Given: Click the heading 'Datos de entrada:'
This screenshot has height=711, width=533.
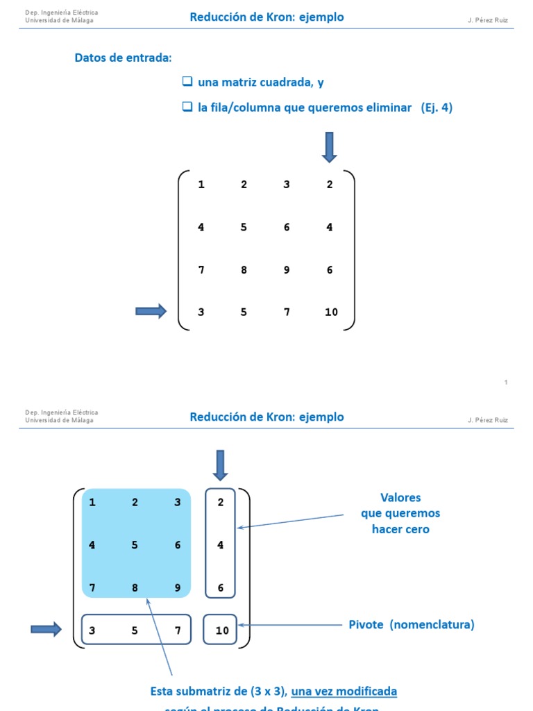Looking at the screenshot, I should point(123,58).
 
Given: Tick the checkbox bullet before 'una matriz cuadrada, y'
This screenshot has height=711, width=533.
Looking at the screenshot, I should point(187,82).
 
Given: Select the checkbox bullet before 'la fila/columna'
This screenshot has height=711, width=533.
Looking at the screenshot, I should point(187,107).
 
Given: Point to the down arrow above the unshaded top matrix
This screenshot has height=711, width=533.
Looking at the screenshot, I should point(329,147).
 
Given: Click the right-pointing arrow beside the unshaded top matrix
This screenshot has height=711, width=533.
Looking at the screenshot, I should point(151,312).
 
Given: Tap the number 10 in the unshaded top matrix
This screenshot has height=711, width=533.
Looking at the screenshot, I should point(331,312).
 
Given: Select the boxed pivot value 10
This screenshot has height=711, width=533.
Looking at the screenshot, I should point(221,630).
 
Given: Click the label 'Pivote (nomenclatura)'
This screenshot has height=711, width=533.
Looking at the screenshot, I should point(412,624).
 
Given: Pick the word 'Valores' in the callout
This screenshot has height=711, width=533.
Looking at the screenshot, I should point(400,498).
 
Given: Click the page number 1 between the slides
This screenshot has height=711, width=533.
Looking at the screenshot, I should point(506,383).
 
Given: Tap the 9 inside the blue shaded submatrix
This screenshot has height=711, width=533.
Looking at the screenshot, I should point(178,588).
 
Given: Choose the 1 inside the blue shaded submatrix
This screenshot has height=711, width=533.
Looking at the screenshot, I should point(92,503).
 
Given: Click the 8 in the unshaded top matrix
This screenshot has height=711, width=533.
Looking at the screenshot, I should point(244,270).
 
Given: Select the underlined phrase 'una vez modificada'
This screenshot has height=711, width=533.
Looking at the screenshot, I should point(344,692).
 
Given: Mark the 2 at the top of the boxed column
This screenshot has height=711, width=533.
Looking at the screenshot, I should point(221,503).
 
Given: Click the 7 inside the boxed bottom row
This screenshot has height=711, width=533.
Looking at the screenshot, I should point(178,630).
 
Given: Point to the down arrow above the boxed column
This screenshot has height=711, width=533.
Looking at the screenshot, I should point(220,465).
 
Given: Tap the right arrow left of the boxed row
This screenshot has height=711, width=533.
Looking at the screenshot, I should point(46,630).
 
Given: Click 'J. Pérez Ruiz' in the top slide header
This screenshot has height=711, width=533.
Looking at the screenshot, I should point(487,21).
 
